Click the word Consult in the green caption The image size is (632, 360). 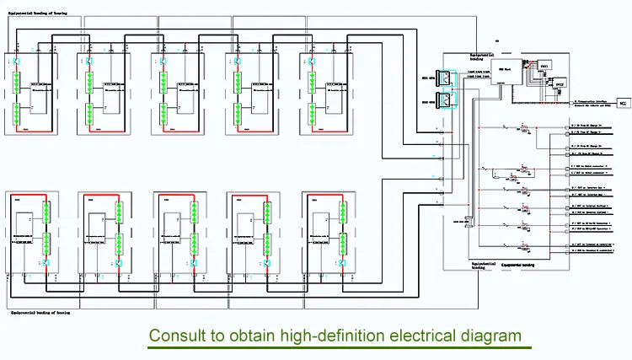pos(175,335)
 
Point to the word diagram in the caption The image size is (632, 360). pos(489,335)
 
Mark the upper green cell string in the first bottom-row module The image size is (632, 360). pos(44,211)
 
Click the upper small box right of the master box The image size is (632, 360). pos(544,65)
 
